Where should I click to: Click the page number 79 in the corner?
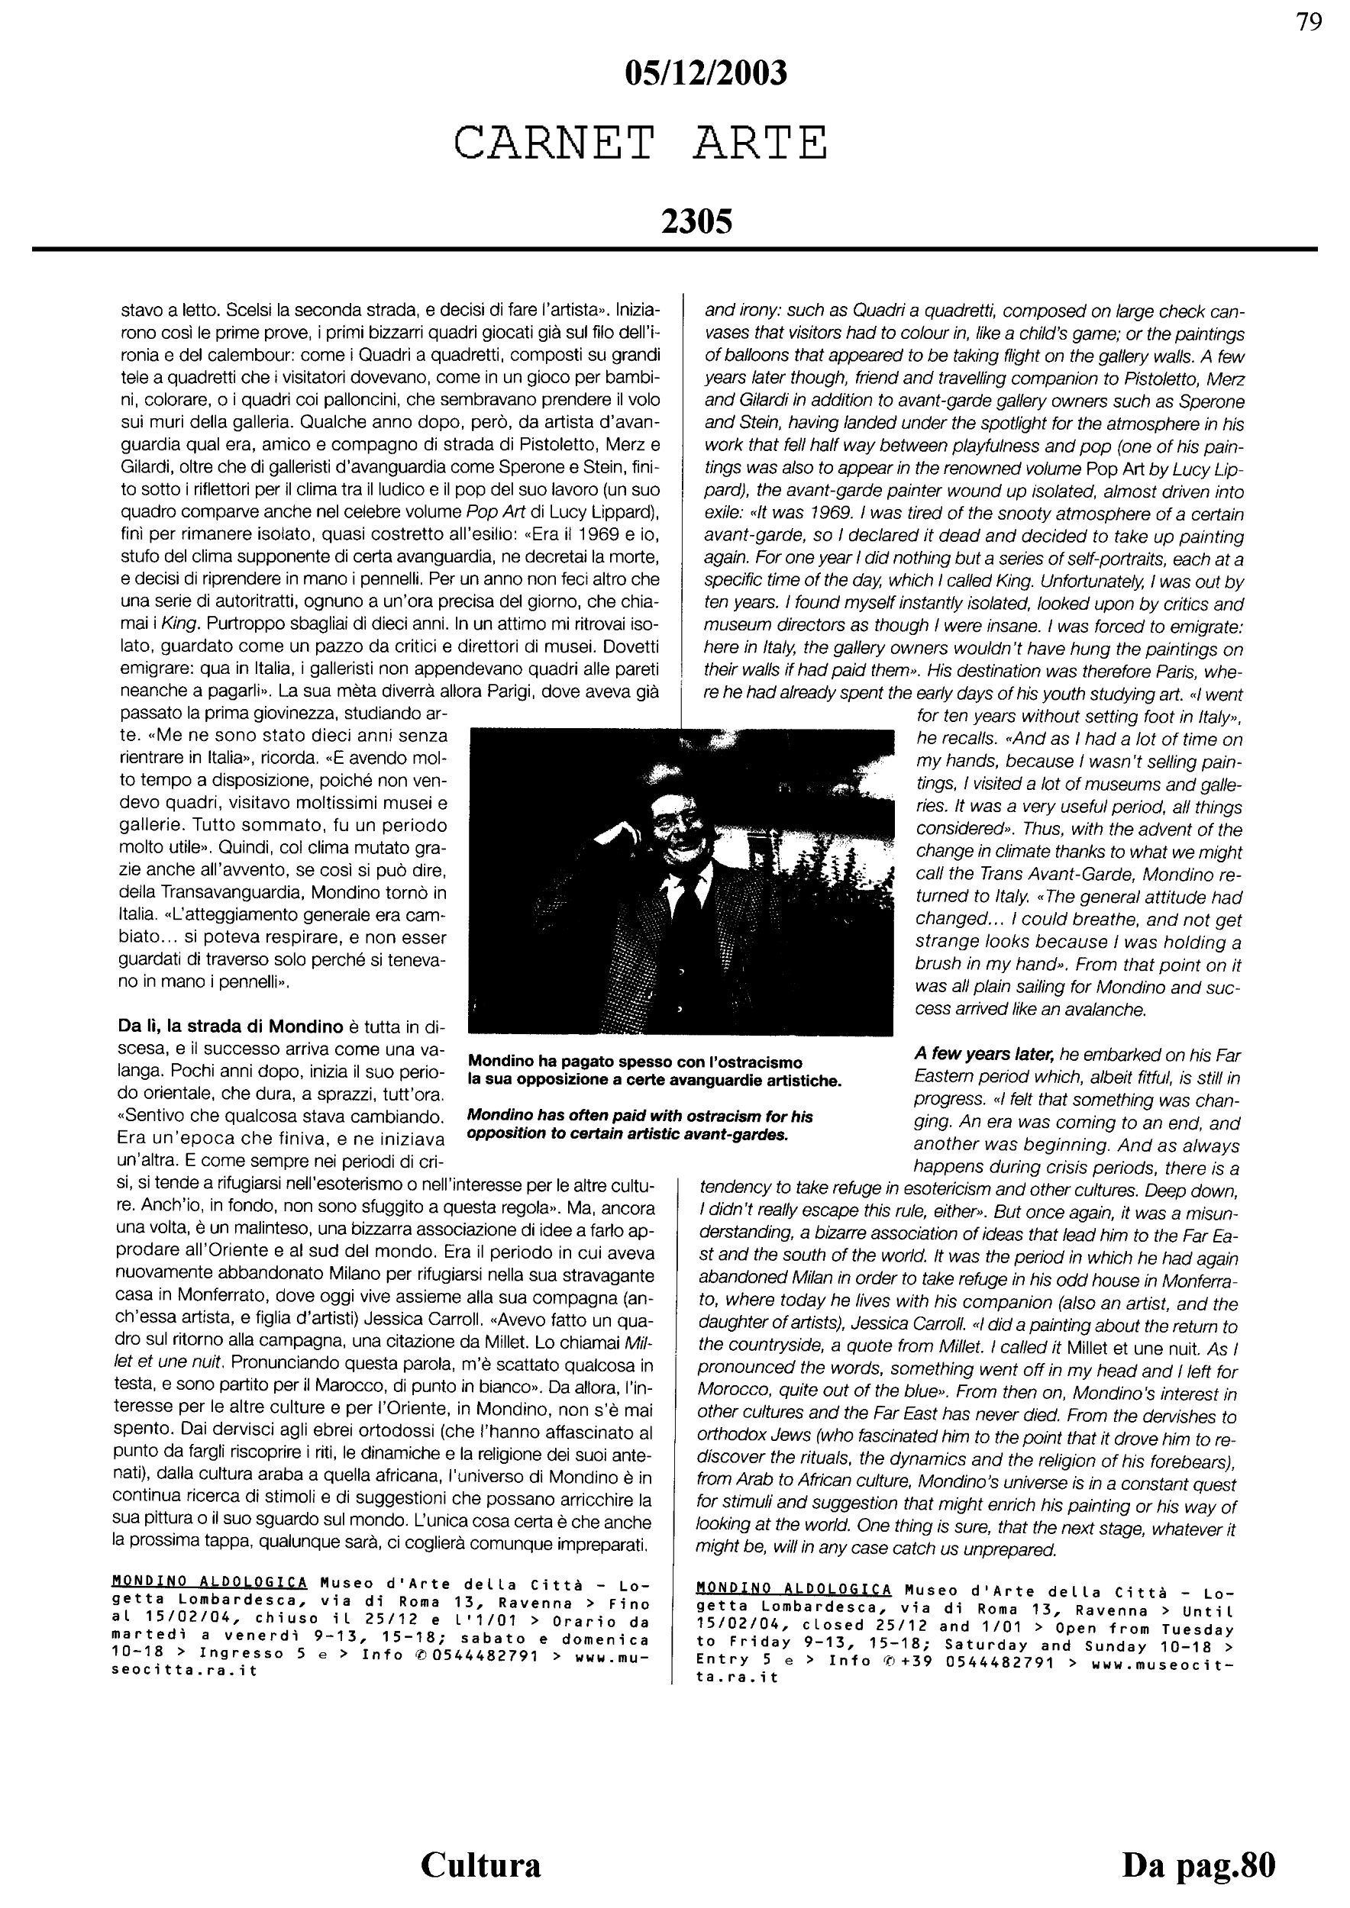click(x=1309, y=22)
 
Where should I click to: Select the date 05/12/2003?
click(x=705, y=75)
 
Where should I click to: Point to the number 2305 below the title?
click(x=696, y=222)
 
